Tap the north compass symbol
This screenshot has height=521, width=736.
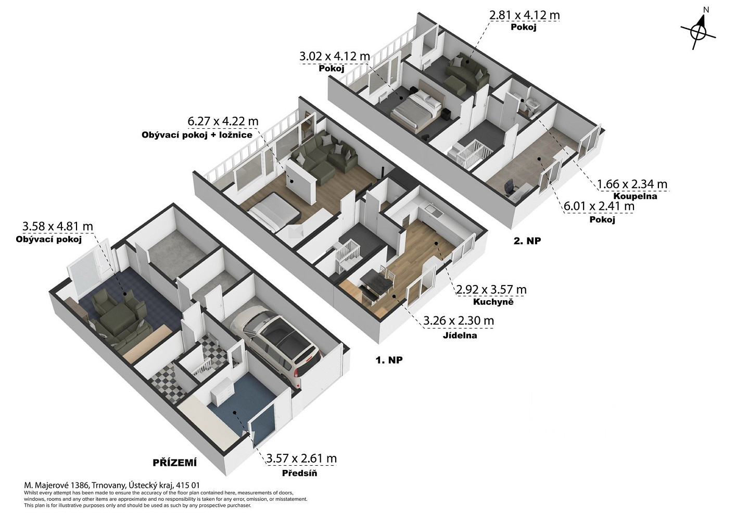[698, 31]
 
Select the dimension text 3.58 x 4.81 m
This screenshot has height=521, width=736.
[57, 226]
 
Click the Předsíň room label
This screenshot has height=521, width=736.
[299, 473]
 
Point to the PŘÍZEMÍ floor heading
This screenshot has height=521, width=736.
[174, 463]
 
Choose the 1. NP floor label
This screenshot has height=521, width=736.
[389, 360]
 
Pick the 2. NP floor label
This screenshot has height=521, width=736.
[527, 241]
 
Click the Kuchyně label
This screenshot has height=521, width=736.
[493, 302]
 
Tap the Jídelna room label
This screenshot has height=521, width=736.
[460, 336]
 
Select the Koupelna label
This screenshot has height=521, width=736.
[635, 196]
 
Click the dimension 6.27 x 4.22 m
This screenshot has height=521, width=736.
[223, 121]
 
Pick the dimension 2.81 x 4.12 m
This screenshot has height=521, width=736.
[524, 15]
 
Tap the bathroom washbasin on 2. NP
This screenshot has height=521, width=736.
[532, 105]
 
